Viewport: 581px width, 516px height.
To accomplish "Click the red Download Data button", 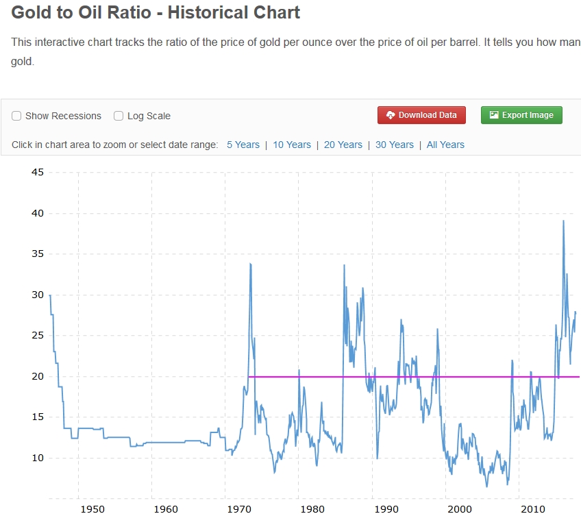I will coord(421,115).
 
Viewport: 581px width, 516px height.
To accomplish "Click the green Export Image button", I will coord(521,115).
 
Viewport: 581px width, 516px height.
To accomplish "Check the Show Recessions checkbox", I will coord(16,116).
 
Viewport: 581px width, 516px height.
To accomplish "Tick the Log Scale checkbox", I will coord(119,116).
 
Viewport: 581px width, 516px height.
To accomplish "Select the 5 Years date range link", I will coord(243,145).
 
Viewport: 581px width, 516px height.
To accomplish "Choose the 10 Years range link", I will coord(292,145).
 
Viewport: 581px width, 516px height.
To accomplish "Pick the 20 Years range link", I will coord(343,145).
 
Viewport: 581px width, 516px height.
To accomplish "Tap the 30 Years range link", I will coord(395,145).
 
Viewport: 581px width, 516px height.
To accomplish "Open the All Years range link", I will coord(445,145).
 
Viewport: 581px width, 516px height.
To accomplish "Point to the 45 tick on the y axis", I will coord(37,172).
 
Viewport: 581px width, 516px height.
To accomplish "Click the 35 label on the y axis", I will coord(37,254).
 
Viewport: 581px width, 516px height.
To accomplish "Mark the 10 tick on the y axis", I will coord(37,458).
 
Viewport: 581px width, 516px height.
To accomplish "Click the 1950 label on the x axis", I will coord(92,508).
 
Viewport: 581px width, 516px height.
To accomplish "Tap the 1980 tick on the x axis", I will coord(312,508).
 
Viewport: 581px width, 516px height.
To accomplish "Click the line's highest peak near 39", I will coord(563,221).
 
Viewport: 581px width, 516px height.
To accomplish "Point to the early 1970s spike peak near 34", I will coord(251,264).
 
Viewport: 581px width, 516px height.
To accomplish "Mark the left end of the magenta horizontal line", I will coord(249,376).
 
